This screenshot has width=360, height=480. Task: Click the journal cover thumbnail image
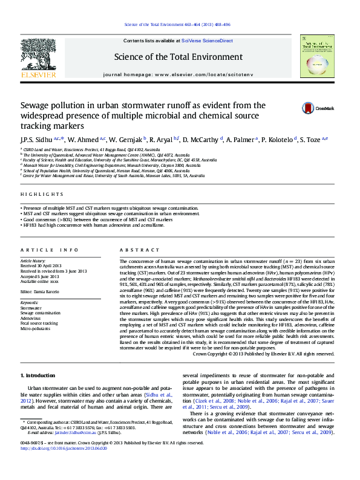tap(317, 57)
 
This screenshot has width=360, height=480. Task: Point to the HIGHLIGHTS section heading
tap(42, 194)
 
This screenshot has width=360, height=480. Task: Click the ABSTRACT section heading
tap(131, 250)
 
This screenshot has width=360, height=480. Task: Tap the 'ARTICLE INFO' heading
tap(50, 250)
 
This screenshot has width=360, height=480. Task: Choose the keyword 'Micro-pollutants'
tap(36, 328)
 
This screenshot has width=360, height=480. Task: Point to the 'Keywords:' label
tap(29, 302)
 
